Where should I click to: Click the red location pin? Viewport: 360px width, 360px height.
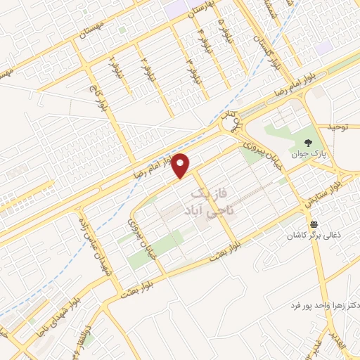182,165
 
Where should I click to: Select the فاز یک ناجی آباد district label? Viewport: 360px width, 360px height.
210,201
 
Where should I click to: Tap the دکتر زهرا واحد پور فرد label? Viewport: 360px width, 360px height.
324,307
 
